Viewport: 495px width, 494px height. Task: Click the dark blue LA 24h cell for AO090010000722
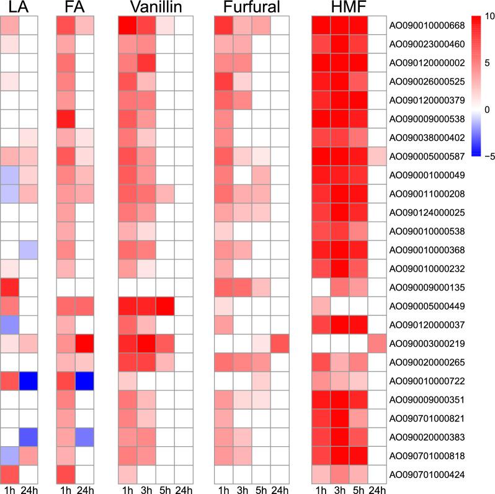(28, 380)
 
